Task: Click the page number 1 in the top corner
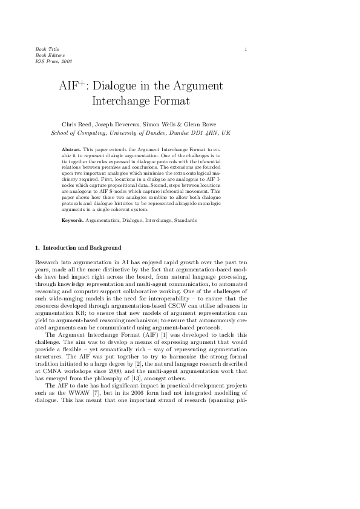pyautogui.click(x=246, y=48)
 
